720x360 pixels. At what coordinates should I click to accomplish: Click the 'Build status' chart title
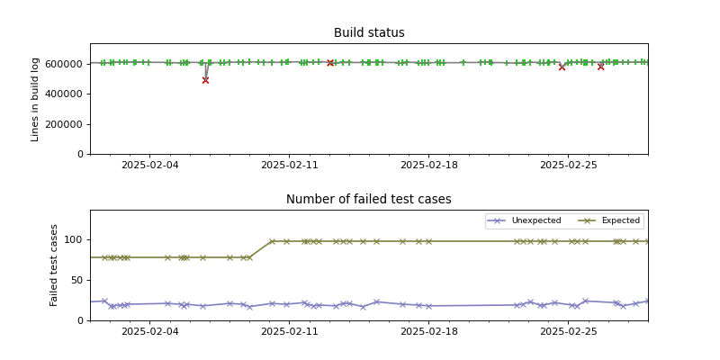tap(369, 33)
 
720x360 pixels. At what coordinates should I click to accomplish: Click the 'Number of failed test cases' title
tap(369, 200)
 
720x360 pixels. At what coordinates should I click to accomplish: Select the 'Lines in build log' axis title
tap(36, 99)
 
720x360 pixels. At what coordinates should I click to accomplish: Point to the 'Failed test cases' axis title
tap(54, 265)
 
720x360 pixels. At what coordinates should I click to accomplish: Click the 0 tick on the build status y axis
tap(81, 154)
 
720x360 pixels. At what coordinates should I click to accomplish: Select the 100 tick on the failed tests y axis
tap(74, 240)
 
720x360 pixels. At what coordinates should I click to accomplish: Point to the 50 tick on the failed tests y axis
tap(76, 280)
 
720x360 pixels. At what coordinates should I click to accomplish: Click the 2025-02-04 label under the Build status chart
tap(149, 166)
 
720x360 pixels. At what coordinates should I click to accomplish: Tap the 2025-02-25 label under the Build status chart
tap(568, 166)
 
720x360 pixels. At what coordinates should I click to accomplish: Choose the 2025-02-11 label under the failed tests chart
tap(289, 332)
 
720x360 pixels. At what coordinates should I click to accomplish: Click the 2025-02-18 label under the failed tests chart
tap(428, 332)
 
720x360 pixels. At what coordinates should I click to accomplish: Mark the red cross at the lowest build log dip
tap(205, 80)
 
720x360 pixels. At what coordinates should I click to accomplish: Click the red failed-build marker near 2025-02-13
tap(330, 63)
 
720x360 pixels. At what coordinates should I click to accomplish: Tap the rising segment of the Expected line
tap(261, 249)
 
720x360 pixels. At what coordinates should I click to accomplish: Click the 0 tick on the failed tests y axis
tap(81, 320)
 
